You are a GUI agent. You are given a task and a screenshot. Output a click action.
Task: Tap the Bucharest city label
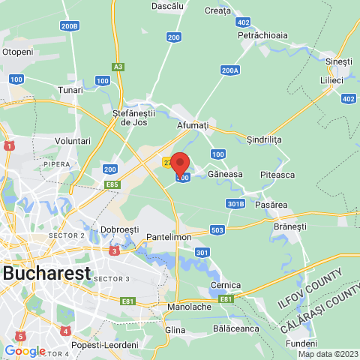click(x=46, y=273)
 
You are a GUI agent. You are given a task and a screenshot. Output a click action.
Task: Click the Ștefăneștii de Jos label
click(x=138, y=117)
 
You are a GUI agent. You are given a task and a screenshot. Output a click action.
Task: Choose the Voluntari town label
click(x=73, y=141)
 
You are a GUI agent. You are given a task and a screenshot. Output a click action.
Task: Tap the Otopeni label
click(x=18, y=52)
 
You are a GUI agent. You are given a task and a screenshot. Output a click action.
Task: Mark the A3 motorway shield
click(x=118, y=67)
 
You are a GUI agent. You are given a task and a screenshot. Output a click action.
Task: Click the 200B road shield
click(x=70, y=26)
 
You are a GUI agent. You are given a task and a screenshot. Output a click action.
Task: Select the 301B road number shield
click(x=235, y=203)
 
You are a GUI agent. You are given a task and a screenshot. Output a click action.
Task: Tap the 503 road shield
click(x=217, y=229)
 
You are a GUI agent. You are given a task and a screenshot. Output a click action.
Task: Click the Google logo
click(x=25, y=351)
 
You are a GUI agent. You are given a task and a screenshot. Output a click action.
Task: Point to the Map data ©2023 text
click(x=328, y=354)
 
